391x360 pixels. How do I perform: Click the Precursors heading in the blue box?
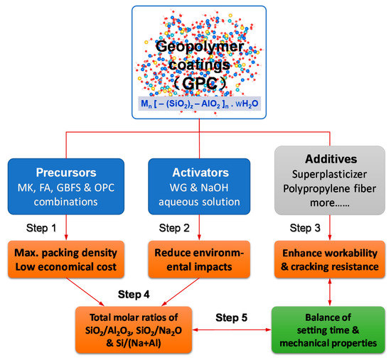pos(67,172)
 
